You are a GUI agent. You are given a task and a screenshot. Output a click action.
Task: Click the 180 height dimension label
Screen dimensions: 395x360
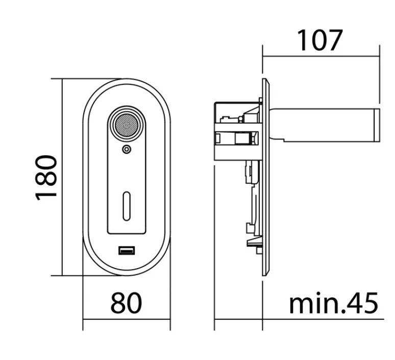[46, 178]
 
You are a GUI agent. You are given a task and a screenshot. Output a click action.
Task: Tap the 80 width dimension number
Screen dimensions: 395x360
[126, 303]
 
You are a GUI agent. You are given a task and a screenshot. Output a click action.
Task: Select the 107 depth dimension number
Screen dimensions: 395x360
[320, 40]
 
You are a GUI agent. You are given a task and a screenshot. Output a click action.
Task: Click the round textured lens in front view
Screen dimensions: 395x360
[126, 125]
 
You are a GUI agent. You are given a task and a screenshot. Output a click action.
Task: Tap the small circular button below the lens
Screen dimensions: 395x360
[127, 150]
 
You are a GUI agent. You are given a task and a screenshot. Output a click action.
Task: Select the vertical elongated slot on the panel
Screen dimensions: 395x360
[127, 206]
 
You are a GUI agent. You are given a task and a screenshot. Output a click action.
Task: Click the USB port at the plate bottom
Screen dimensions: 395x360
[127, 251]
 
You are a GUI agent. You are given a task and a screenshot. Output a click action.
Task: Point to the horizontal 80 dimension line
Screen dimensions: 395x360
[127, 319]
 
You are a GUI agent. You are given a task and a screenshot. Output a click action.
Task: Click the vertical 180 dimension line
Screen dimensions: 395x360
[62, 177]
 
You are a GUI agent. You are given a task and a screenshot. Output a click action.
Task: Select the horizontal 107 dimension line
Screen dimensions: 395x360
[321, 57]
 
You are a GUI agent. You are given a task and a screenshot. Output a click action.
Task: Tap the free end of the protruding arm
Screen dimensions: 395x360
[377, 125]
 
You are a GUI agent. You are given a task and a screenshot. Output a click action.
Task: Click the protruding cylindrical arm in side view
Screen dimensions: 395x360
[325, 125]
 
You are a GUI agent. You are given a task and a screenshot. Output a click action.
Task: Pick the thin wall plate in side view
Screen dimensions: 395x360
[266, 177]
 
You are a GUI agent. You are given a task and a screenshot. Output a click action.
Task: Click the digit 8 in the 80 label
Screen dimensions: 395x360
[118, 303]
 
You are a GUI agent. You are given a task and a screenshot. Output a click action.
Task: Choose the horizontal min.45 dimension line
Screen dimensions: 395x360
[299, 319]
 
